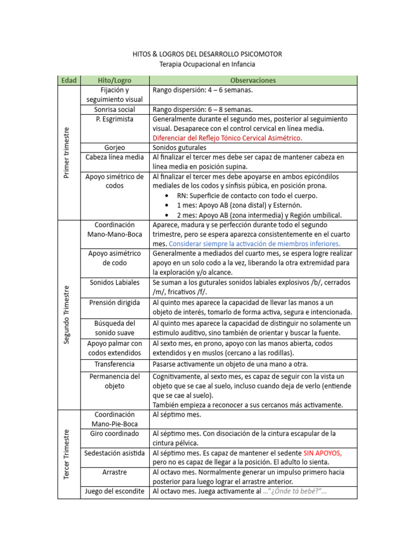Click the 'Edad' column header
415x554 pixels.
[x=69, y=80]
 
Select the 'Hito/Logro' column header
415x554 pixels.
[x=115, y=80]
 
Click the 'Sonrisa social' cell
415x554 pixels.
[x=115, y=109]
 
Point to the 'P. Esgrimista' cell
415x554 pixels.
[x=115, y=119]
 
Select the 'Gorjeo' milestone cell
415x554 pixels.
[x=115, y=147]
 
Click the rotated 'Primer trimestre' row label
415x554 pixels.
[x=66, y=152]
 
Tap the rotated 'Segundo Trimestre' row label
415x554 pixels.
[x=66, y=314]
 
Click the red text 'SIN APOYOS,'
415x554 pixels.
[x=323, y=453]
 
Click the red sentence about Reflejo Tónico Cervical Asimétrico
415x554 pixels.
[x=227, y=138]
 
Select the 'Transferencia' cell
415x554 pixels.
[x=115, y=364]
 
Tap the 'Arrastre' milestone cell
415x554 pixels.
[x=115, y=472]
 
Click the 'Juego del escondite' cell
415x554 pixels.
[x=115, y=491]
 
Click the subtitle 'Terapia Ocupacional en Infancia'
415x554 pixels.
[x=207, y=64]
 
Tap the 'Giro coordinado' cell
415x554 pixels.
[x=115, y=434]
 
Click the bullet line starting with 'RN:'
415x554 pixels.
[x=247, y=195]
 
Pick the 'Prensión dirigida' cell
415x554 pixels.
[x=115, y=302]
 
